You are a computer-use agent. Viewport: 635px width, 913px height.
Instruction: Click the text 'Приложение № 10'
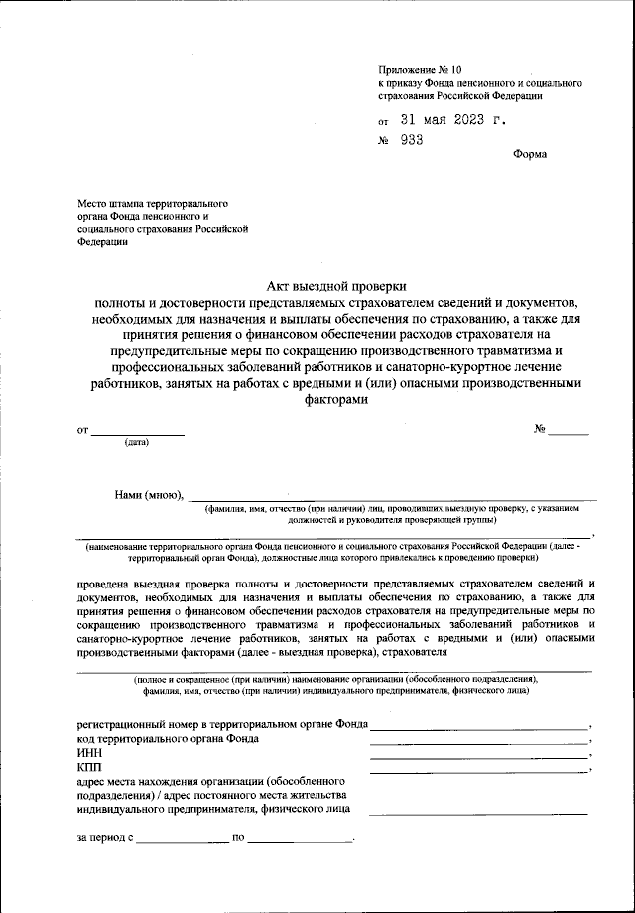[421, 70]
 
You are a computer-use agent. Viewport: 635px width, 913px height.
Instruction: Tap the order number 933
[412, 140]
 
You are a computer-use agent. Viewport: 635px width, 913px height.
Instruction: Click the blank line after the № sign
[569, 432]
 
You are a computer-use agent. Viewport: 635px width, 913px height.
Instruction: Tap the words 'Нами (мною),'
[148, 495]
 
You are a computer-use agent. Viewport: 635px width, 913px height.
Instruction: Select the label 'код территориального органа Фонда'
[168, 739]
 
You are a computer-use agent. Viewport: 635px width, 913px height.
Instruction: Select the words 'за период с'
[105, 837]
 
